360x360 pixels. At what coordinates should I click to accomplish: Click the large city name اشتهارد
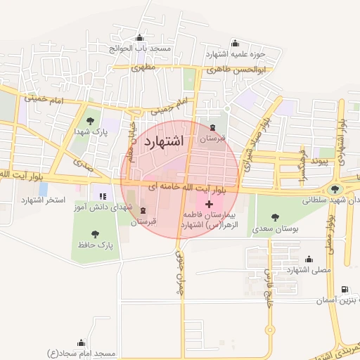(x=163, y=141)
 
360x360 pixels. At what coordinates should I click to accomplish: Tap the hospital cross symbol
(x=208, y=204)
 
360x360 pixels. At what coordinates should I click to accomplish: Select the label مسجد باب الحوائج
(x=140, y=49)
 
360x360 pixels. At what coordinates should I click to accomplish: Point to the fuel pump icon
(x=343, y=289)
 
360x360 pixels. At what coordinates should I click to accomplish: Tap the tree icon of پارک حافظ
(x=95, y=233)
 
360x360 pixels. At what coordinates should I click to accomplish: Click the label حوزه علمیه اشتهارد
(x=236, y=53)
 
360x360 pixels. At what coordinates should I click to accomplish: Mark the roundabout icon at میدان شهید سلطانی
(x=335, y=189)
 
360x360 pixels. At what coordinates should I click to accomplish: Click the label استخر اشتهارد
(x=43, y=200)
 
